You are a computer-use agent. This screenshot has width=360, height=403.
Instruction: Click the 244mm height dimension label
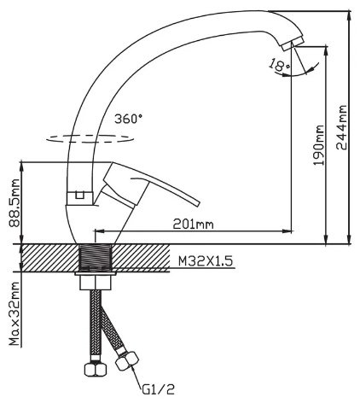click(x=341, y=127)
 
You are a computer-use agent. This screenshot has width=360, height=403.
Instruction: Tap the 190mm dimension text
click(x=318, y=145)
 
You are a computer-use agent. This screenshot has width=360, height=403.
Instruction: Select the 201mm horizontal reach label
click(x=194, y=225)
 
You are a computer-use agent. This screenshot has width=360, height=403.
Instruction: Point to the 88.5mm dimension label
click(x=15, y=203)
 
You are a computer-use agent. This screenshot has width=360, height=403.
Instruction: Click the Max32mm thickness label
click(x=15, y=314)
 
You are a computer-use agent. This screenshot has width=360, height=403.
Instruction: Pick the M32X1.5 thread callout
click(x=206, y=260)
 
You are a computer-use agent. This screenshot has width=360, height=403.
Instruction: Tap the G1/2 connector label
click(x=158, y=389)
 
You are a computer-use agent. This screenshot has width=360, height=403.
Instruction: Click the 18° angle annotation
click(x=279, y=66)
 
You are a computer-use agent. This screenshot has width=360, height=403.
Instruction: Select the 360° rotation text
click(x=128, y=119)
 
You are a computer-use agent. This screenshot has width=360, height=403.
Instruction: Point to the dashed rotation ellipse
click(x=90, y=139)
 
